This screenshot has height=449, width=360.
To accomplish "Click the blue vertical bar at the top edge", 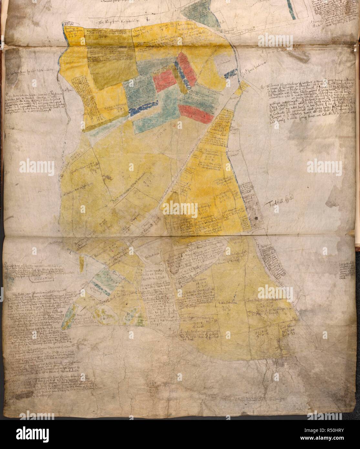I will coord(292,10).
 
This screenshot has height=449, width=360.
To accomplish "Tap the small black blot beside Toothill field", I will coord(256,220).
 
